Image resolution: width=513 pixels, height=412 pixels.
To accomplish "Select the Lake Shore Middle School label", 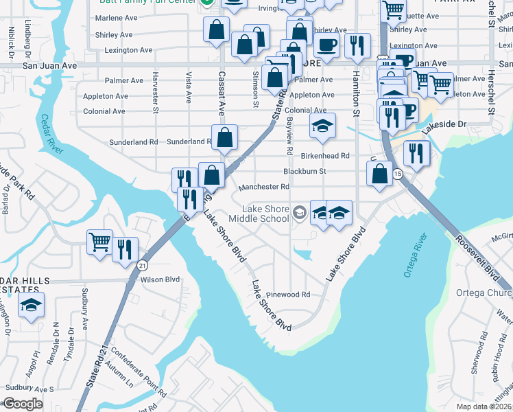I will [265, 214].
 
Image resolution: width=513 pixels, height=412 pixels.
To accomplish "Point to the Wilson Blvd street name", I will [160, 279].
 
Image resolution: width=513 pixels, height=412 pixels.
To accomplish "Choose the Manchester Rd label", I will [264, 186].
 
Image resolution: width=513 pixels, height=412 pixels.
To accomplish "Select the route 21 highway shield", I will [142, 264].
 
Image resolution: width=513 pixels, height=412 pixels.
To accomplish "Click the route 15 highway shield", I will [398, 174].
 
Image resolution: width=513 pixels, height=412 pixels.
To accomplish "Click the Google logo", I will [23, 404].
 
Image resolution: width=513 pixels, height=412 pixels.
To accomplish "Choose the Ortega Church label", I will [484, 293].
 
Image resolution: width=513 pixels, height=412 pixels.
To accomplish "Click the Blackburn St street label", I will [304, 171].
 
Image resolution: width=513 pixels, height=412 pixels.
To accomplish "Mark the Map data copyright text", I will [484, 407].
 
